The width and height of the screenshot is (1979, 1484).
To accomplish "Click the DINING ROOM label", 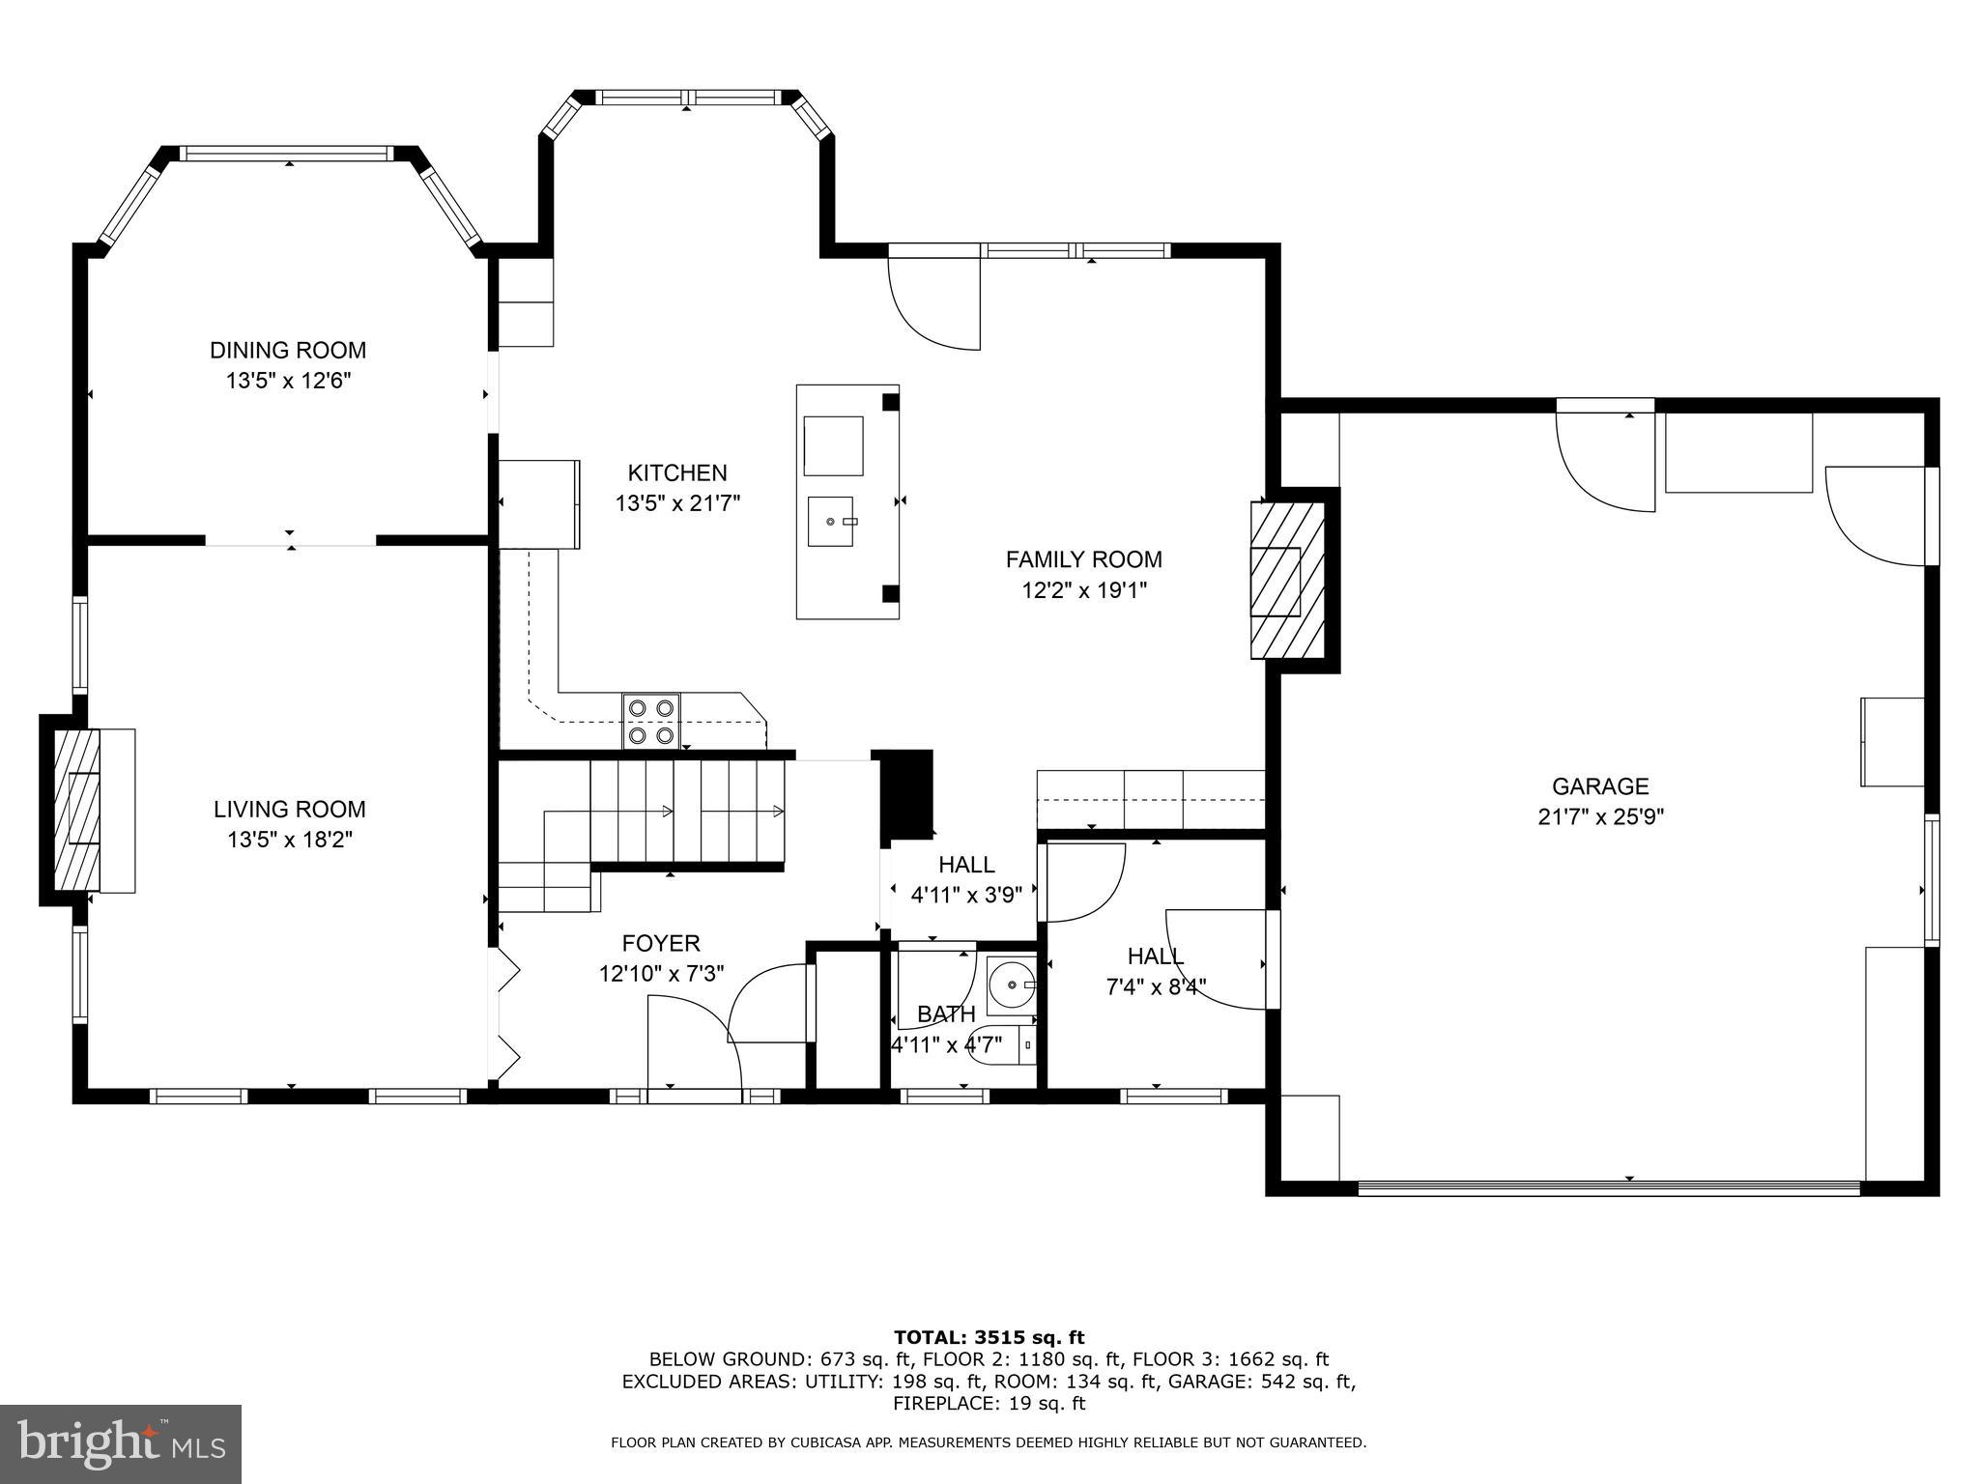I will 288,350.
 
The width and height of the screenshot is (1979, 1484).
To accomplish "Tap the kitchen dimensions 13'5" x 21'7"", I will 677,503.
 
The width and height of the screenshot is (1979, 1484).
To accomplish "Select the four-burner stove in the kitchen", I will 650,721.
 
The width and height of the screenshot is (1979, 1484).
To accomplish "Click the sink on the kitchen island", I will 831,521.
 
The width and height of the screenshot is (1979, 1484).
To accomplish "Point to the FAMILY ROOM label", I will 1083,559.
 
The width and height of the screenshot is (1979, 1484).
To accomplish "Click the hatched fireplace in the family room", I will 1287,581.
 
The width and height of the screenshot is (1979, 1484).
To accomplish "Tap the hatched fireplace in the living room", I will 77,810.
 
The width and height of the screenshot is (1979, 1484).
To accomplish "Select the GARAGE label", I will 1599,786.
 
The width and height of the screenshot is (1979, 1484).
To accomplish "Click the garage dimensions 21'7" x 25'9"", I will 1599,817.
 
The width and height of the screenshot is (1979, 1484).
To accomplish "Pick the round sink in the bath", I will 1011,985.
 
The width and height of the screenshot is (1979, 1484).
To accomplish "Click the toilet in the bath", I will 1005,1046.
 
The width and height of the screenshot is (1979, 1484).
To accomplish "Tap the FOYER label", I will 661,943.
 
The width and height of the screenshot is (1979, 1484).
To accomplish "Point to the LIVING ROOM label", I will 289,810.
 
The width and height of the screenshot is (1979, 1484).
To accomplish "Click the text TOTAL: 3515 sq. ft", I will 989,1338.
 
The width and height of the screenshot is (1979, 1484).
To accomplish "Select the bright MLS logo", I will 120,1444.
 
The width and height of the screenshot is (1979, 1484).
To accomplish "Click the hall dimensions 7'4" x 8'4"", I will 1156,987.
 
